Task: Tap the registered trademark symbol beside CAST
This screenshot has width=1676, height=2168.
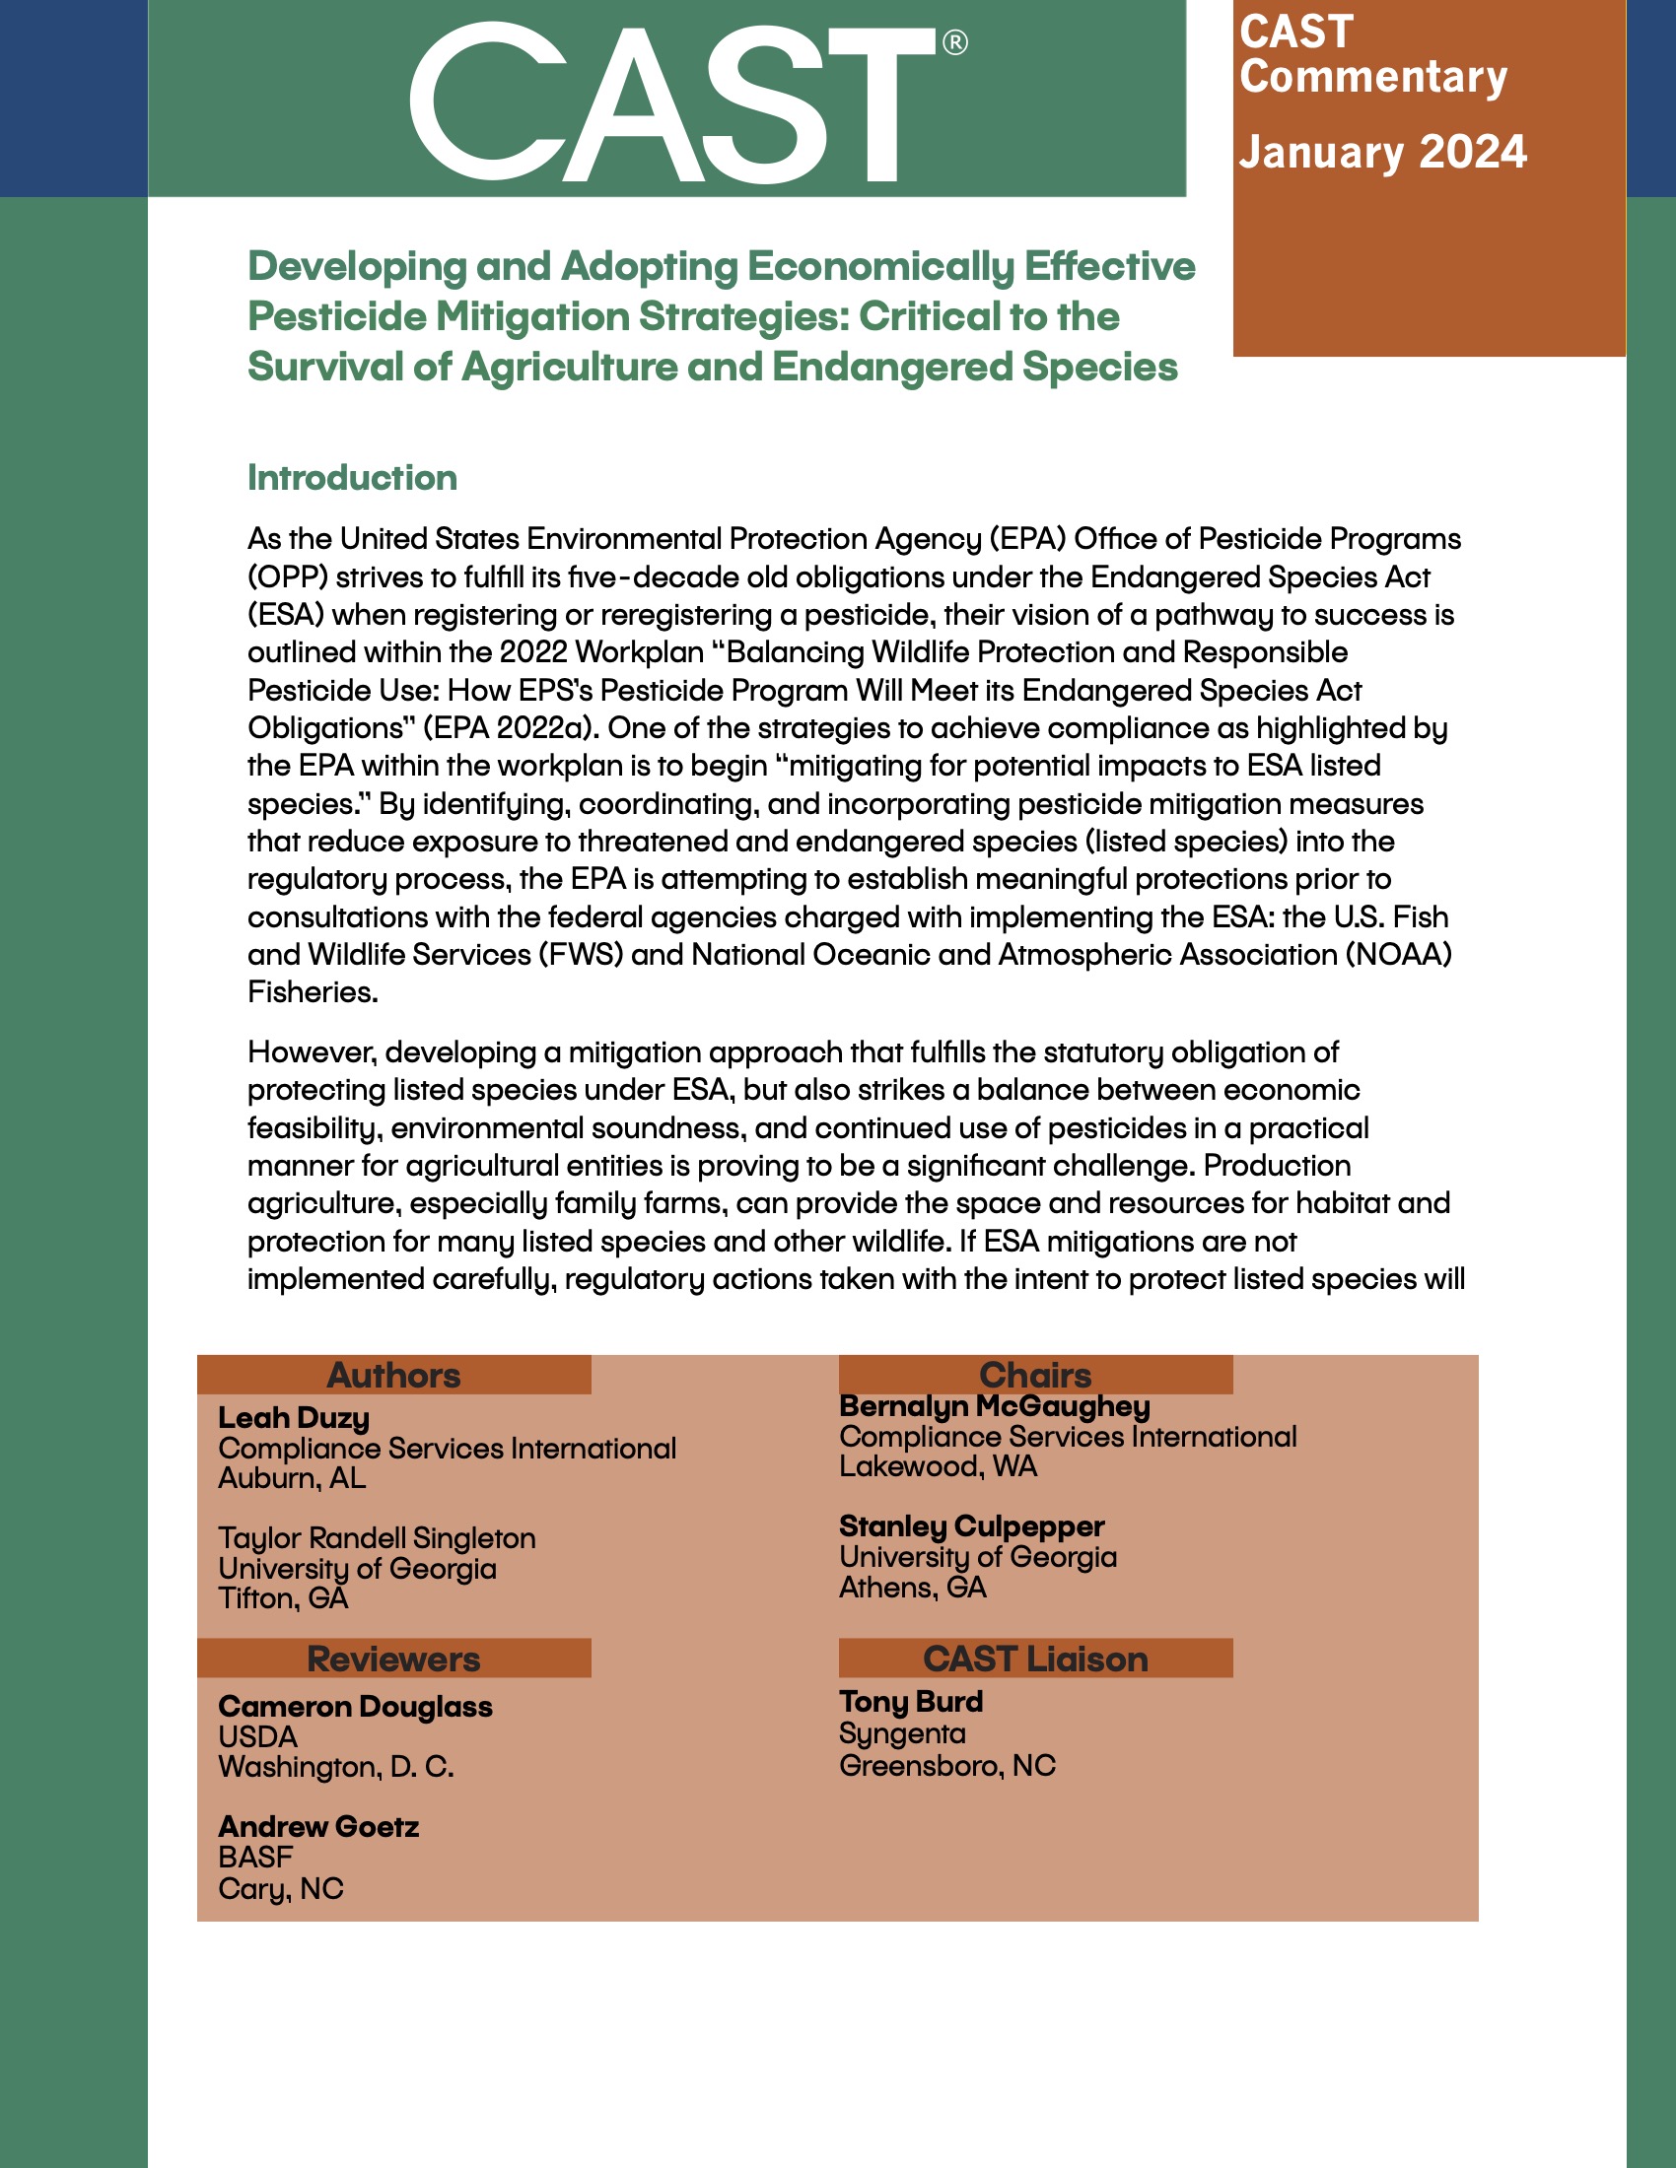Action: [x=954, y=42]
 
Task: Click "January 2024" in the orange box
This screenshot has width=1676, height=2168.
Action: [x=1382, y=152]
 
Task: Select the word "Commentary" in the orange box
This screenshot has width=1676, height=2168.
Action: [x=1373, y=77]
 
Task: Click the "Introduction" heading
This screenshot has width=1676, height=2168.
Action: [x=353, y=478]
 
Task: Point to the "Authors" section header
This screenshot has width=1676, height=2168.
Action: [x=394, y=1375]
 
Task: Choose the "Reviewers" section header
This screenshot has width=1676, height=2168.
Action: [x=394, y=1659]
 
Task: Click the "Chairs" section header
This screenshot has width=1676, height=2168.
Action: [x=1035, y=1375]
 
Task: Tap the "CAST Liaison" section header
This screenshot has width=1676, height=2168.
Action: [x=1035, y=1659]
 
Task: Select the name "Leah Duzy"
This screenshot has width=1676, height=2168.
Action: [x=294, y=1417]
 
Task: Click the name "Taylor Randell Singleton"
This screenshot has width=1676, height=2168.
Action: [x=378, y=1537]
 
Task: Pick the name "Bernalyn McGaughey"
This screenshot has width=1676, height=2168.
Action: [x=995, y=1405]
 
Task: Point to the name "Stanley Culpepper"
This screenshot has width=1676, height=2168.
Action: [x=972, y=1525]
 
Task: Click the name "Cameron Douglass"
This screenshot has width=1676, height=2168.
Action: [x=356, y=1707]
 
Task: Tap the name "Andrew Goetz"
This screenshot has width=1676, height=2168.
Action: [x=318, y=1826]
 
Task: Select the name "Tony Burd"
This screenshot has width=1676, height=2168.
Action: [x=912, y=1702]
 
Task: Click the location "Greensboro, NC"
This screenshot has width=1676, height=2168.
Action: [x=947, y=1765]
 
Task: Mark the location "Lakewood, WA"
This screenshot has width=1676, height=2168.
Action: [x=939, y=1466]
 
